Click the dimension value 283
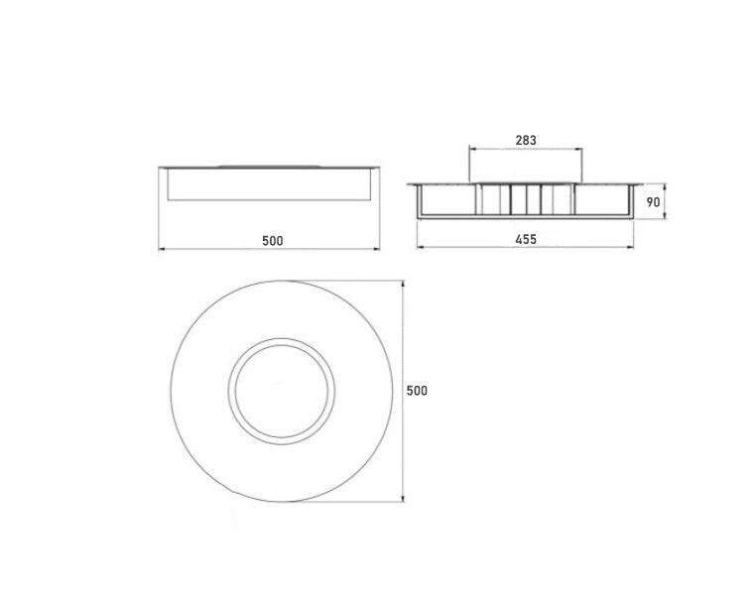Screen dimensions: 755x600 (x=525, y=141)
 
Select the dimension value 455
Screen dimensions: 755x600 (x=526, y=240)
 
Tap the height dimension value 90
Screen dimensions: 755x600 (x=653, y=202)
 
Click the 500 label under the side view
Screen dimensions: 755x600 (x=273, y=241)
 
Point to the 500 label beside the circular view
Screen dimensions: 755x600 (x=417, y=391)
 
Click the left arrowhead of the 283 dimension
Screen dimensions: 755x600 (x=472, y=149)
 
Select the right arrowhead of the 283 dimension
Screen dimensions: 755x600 (x=578, y=149)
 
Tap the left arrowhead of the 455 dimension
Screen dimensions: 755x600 (x=420, y=247)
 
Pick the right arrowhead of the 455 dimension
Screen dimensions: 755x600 (x=630, y=247)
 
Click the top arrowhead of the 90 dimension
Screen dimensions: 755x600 (x=665, y=187)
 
